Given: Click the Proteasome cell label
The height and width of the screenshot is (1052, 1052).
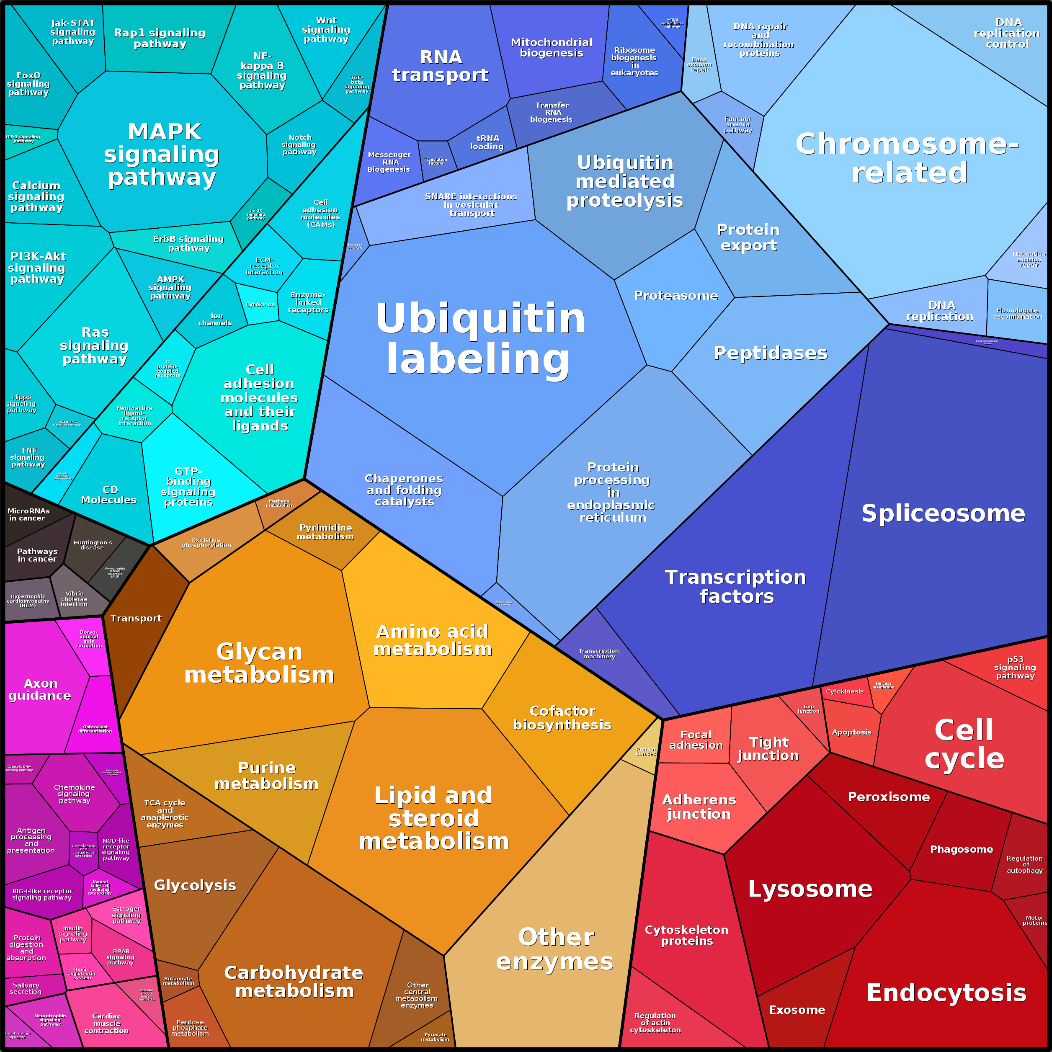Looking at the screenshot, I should (676, 296).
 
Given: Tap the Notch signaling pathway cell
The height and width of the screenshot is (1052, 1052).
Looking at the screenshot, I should (299, 145).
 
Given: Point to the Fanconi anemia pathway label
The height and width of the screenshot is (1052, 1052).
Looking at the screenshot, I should (738, 125).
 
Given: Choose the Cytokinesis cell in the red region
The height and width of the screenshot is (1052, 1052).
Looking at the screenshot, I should (845, 691).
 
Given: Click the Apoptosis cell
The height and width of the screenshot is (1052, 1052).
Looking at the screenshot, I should (851, 732).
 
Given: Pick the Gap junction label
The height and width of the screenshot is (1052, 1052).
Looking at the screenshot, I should (809, 709).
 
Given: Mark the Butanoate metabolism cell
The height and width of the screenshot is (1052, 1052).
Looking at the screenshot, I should (178, 981).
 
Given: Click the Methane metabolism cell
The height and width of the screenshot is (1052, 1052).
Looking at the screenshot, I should (280, 503).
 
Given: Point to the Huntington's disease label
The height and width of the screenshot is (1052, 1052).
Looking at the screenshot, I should (93, 545).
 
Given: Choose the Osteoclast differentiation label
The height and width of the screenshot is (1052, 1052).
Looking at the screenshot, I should (95, 729).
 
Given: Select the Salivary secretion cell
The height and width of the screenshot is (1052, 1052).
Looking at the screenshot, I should (26, 988).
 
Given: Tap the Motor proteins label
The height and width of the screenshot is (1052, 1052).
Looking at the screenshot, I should (1034, 920).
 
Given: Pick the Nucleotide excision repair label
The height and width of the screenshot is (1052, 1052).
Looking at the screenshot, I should (1029, 260).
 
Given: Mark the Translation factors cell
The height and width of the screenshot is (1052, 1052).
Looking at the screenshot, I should (436, 161).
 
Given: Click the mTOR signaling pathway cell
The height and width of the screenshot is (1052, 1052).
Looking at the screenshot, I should (256, 214).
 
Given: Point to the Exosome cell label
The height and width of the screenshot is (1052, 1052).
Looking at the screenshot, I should (797, 1010).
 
